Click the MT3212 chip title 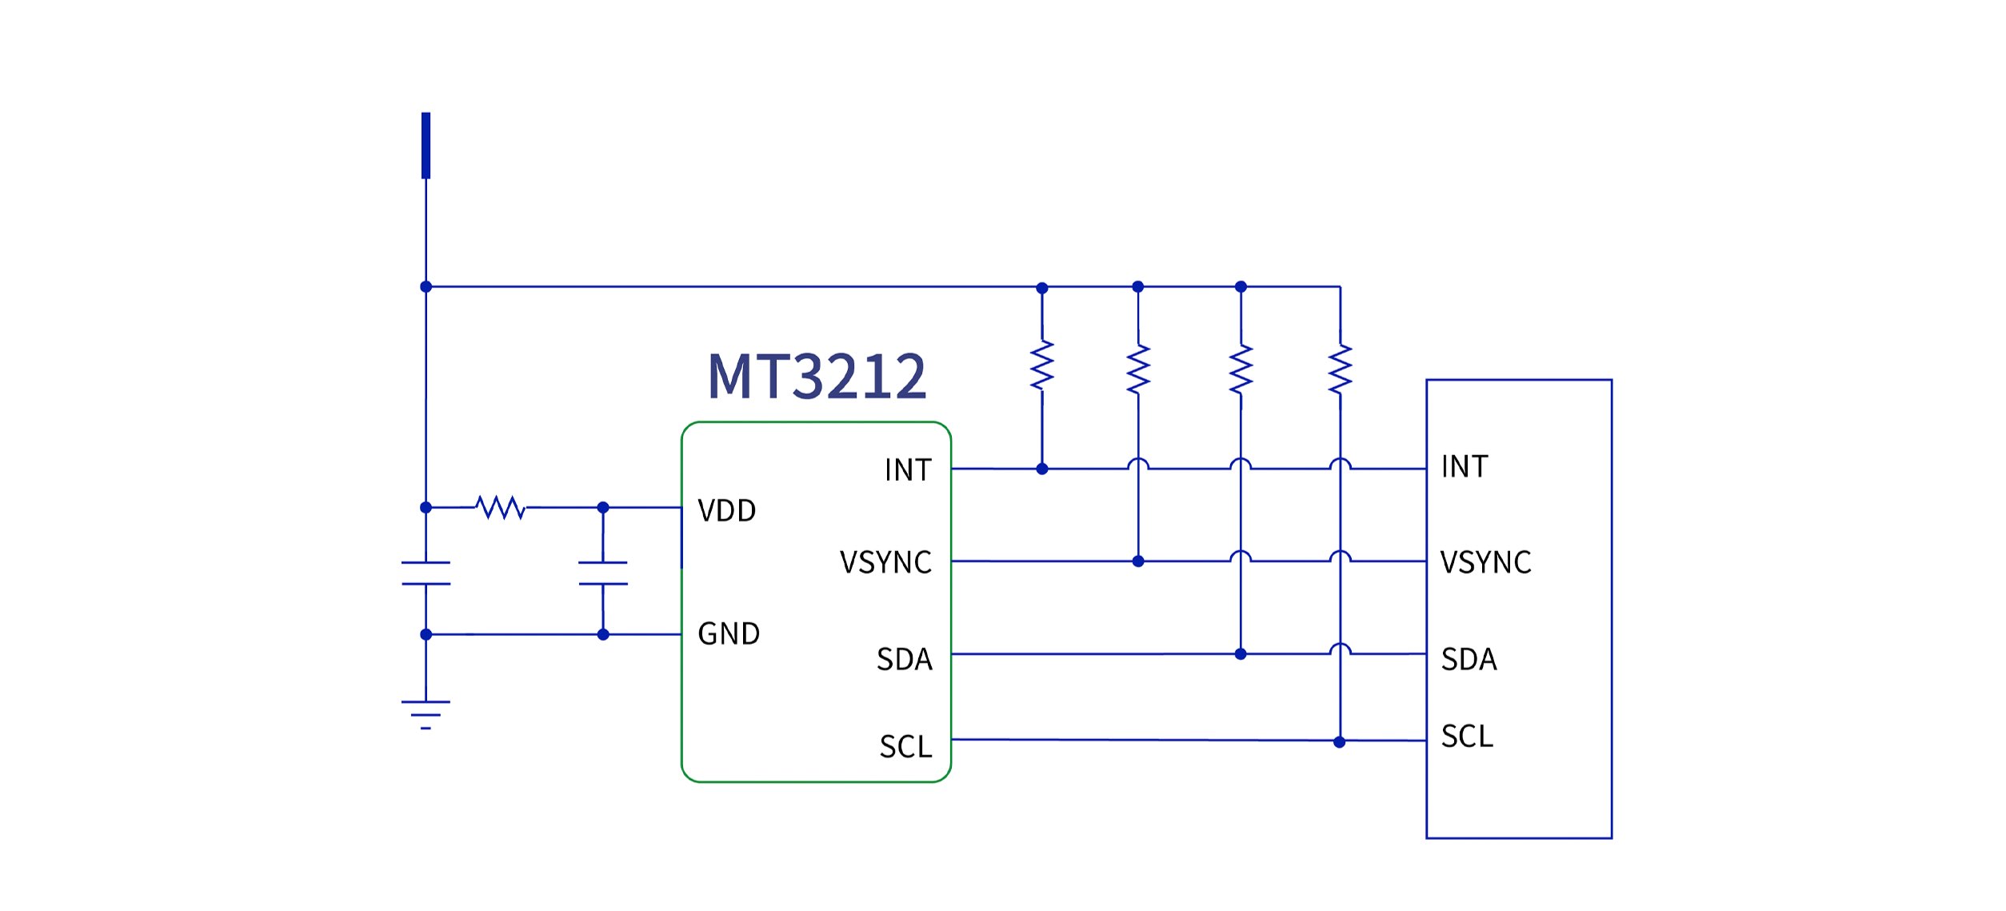[817, 377]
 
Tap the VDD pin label [726, 511]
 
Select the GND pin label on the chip [729, 634]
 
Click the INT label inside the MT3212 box [908, 470]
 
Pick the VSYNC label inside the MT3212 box [885, 563]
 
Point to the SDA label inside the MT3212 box [904, 660]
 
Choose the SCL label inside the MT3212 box [905, 747]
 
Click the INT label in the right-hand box [1464, 467]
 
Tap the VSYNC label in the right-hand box [1485, 563]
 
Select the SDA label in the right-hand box [1469, 660]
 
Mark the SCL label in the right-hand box [1467, 737]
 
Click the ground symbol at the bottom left [426, 714]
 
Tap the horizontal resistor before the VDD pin [501, 507]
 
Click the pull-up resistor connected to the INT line [1041, 366]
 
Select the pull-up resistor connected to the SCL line [1340, 369]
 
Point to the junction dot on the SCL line [1340, 742]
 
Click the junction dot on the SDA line [1241, 654]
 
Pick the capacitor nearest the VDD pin [603, 573]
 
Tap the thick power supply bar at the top [426, 146]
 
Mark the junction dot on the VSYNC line [1138, 561]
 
